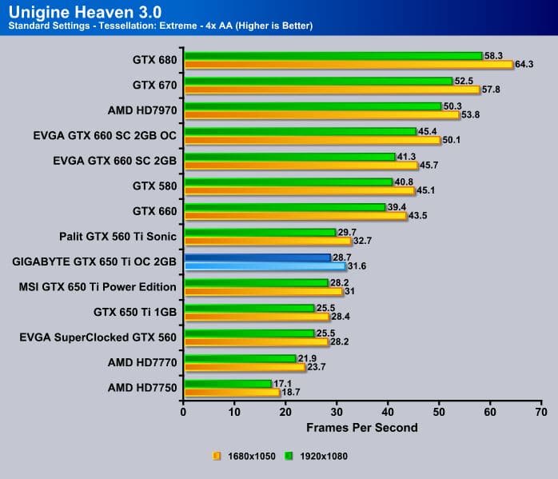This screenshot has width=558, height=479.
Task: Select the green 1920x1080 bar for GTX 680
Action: [x=333, y=56]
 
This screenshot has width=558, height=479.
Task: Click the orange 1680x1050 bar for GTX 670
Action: [x=331, y=90]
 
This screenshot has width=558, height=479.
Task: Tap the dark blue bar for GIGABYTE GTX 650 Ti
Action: [x=257, y=257]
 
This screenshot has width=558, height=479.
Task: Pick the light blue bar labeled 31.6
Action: [x=265, y=266]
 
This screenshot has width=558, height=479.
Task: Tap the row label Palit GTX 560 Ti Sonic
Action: [x=118, y=236]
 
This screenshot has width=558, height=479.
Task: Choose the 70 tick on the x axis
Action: [x=541, y=412]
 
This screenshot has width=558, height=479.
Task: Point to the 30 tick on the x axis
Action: [x=337, y=412]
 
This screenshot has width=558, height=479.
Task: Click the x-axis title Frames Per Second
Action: [x=362, y=427]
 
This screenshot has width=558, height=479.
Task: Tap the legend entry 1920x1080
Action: [x=319, y=456]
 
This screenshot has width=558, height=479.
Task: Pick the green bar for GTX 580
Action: [x=288, y=182]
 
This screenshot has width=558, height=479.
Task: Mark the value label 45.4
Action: [x=428, y=131]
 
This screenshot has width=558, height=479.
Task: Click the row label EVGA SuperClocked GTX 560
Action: [x=98, y=337]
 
